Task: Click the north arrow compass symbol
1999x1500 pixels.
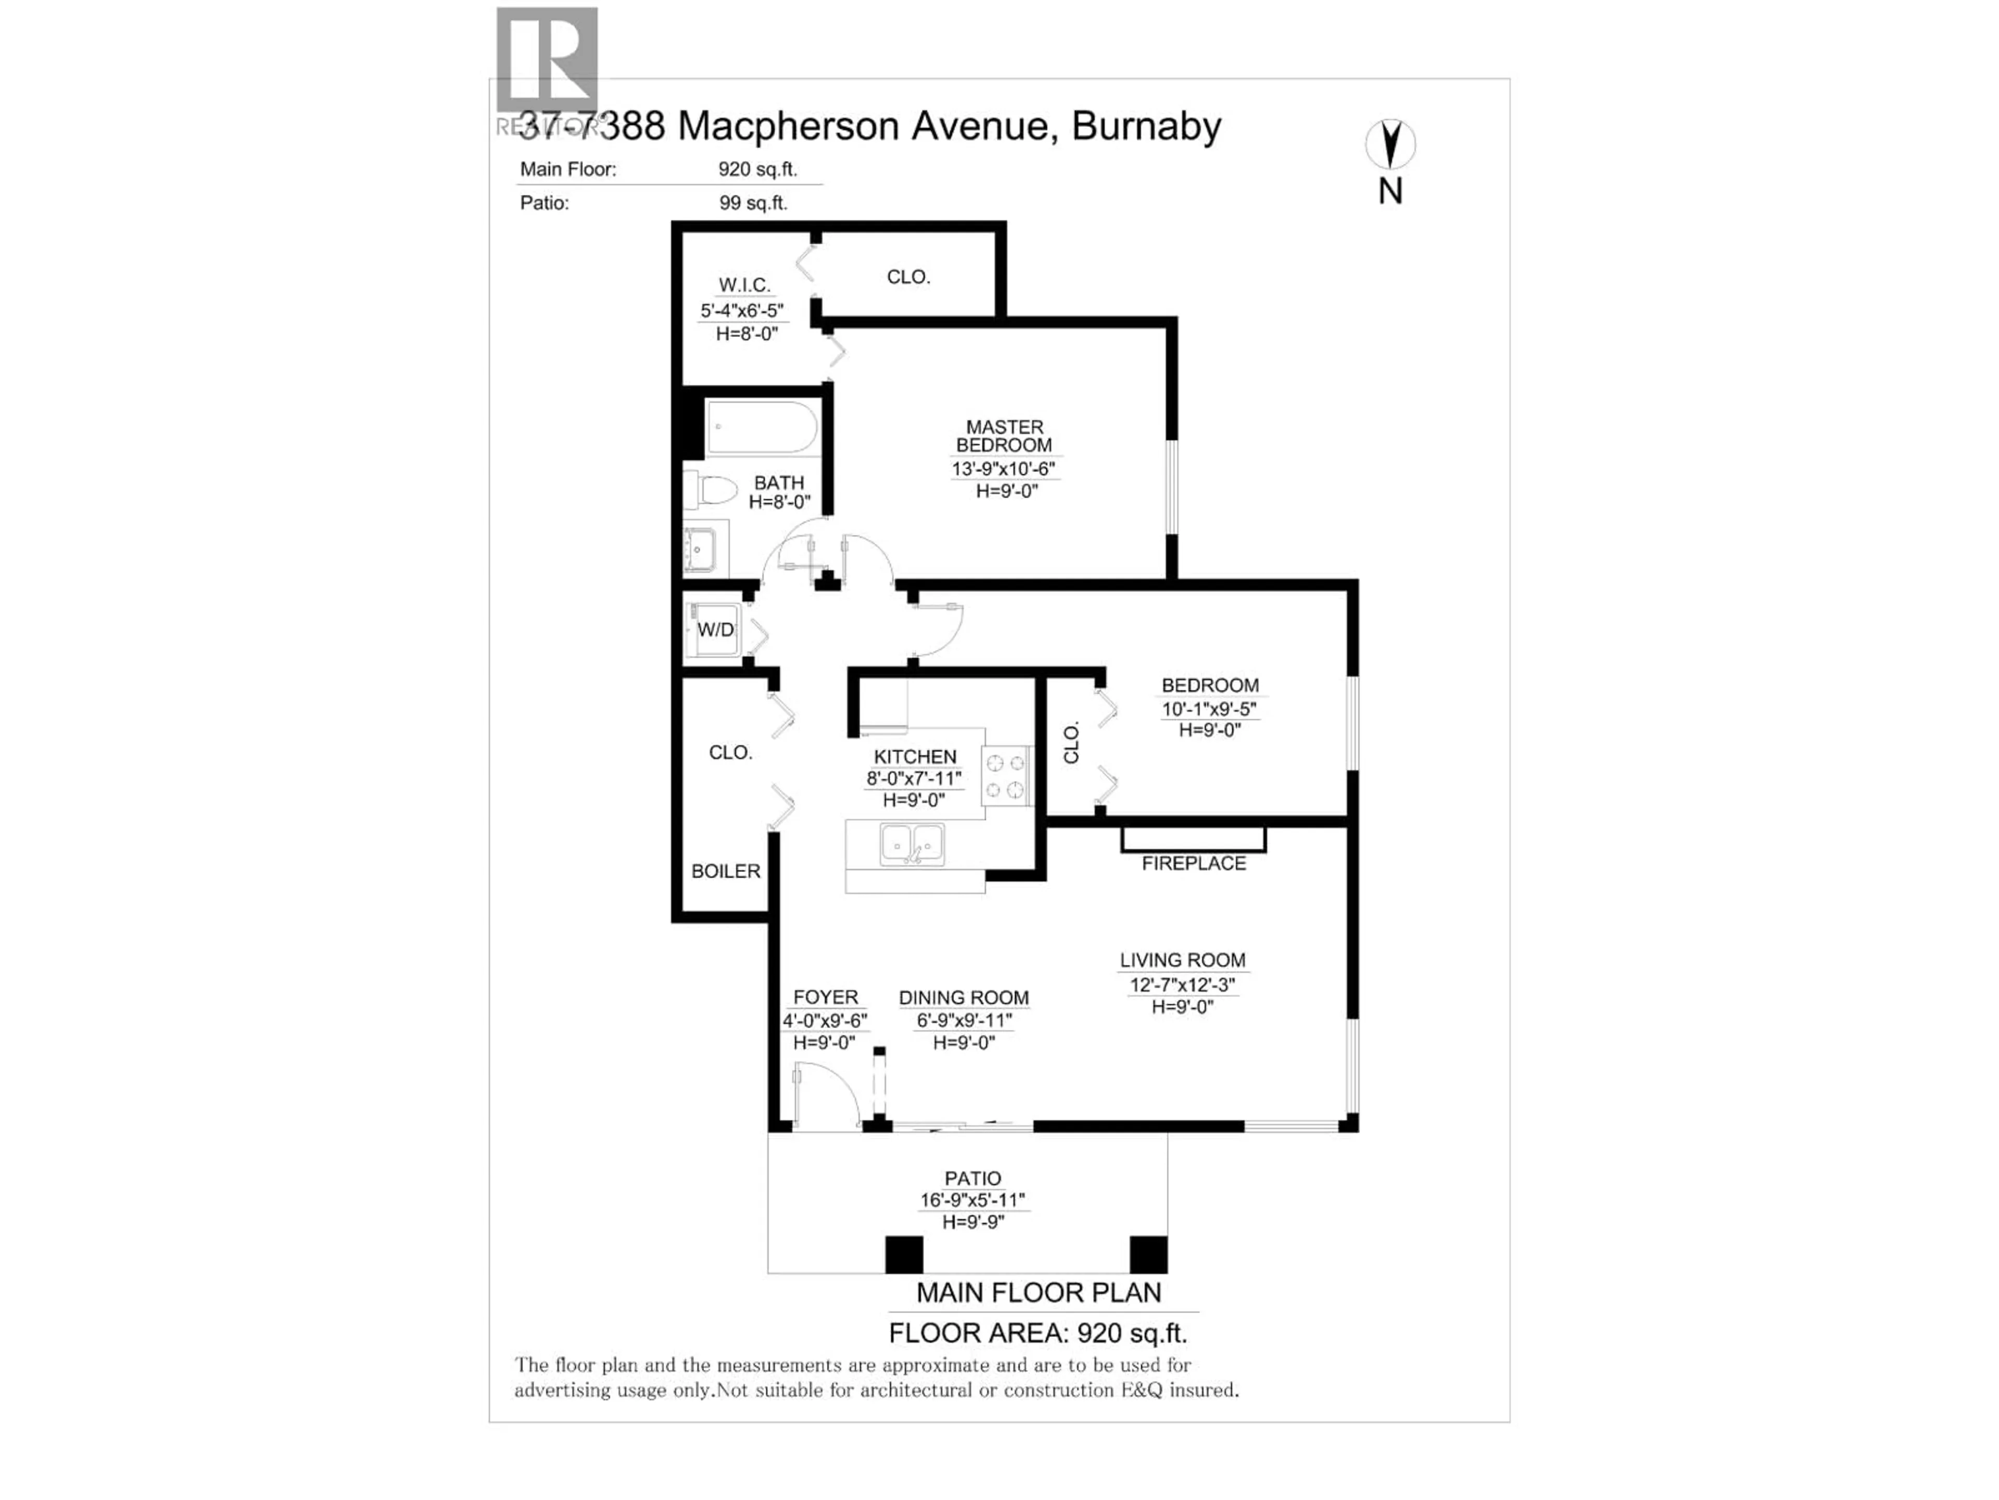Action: (x=1390, y=145)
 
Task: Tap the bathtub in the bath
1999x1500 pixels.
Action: (x=762, y=428)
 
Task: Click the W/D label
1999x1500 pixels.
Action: (x=716, y=629)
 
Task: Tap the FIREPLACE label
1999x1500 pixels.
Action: (x=1193, y=864)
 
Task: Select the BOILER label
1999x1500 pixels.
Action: (x=726, y=871)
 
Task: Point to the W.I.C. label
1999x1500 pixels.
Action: (x=744, y=285)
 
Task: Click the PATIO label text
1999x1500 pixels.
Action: (x=972, y=1178)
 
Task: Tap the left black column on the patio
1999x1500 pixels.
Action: (x=904, y=1254)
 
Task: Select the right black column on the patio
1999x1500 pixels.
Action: (x=1148, y=1254)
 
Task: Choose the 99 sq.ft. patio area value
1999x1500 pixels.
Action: (x=753, y=203)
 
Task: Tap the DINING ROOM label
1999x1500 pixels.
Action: (x=964, y=997)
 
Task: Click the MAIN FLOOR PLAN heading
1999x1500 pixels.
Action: (x=1039, y=1293)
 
